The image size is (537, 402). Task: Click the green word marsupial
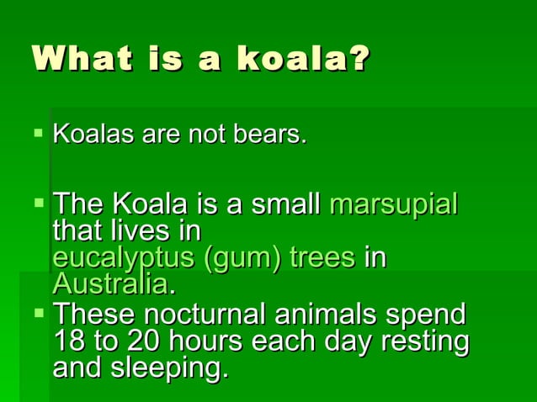click(x=394, y=204)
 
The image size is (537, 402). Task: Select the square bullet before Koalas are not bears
click(x=39, y=132)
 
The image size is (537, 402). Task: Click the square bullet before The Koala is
click(x=39, y=203)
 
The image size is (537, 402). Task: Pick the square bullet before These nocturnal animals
click(x=39, y=314)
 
